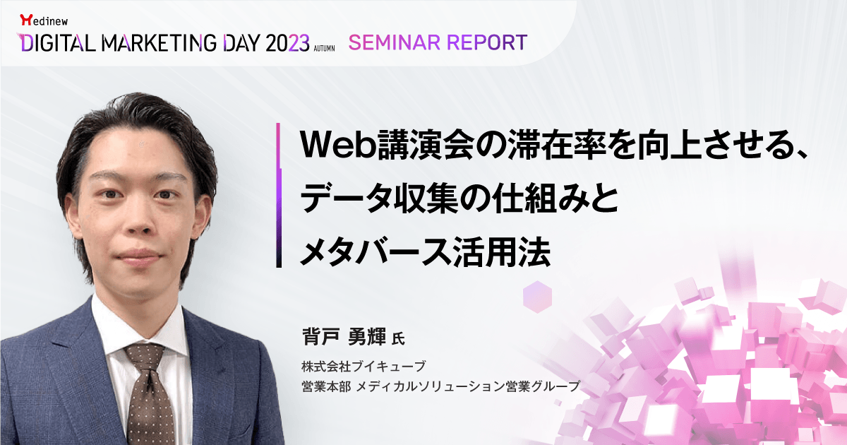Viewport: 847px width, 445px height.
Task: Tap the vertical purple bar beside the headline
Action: (280, 196)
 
